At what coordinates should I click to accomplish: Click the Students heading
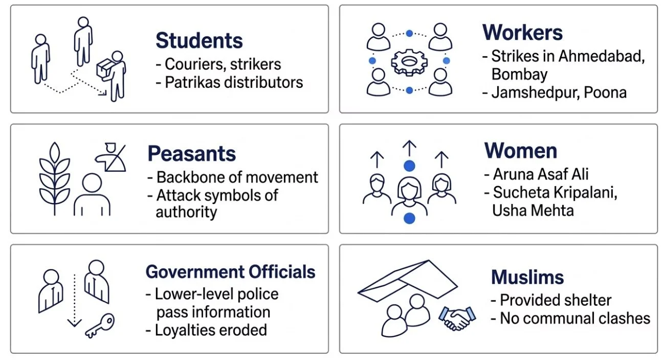point(199,41)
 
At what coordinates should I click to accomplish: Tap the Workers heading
point(522,33)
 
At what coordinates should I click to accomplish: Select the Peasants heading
point(191,154)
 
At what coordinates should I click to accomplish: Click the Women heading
point(521,151)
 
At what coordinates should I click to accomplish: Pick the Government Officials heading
point(230,272)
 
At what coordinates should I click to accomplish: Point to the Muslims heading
point(527,278)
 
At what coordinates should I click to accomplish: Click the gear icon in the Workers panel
point(409,62)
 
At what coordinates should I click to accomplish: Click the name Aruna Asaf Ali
point(535,174)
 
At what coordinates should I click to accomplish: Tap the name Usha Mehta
point(533,210)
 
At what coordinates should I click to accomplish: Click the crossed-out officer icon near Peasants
point(110,156)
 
